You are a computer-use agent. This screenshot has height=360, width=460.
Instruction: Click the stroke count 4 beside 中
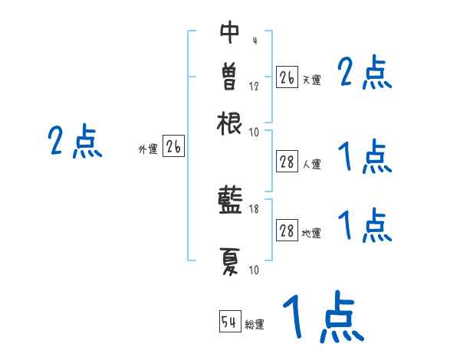click(x=254, y=41)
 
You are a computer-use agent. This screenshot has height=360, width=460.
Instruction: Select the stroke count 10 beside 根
click(x=255, y=132)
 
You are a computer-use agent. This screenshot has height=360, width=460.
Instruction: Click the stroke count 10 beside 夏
click(x=255, y=270)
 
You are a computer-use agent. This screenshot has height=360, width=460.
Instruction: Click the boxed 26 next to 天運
click(x=287, y=77)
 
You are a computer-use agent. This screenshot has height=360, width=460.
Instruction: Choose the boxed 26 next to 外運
click(x=173, y=147)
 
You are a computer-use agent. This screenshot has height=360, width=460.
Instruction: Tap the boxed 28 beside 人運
click(x=287, y=162)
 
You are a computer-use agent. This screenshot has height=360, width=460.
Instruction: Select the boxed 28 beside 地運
click(x=287, y=231)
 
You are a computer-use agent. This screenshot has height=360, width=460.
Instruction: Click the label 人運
click(x=311, y=164)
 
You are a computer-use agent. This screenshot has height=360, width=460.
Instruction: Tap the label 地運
click(x=311, y=233)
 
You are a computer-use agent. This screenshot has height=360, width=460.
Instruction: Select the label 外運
click(x=148, y=149)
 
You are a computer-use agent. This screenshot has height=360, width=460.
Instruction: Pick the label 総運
click(x=255, y=325)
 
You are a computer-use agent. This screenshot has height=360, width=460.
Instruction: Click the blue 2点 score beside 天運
click(x=364, y=74)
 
